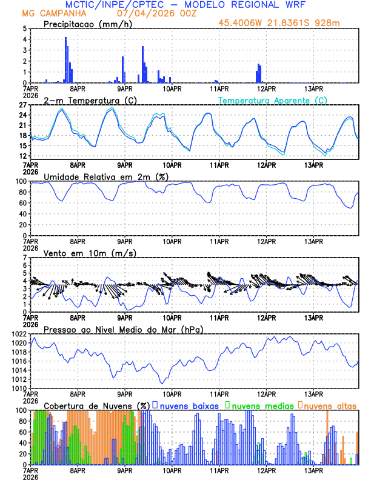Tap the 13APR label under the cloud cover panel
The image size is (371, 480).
313,470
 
